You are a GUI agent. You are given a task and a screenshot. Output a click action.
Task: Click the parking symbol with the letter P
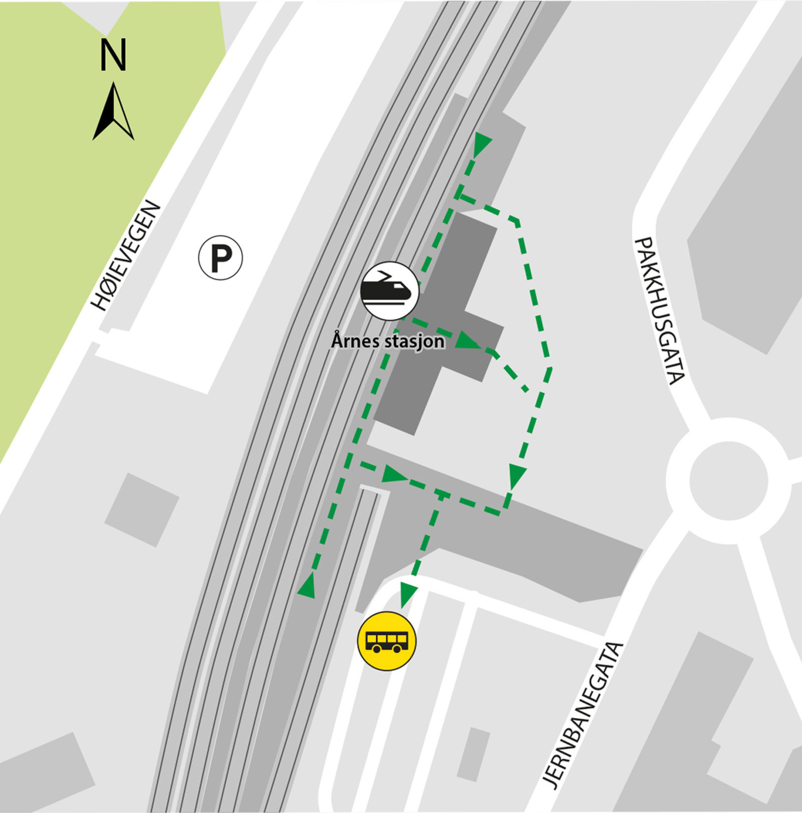pos(221,258)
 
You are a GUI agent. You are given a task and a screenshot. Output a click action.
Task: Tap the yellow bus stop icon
pos(386,641)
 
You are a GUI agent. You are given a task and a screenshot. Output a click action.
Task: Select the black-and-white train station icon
pos(389,291)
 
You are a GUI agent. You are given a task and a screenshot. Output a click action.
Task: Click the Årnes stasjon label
pos(387,341)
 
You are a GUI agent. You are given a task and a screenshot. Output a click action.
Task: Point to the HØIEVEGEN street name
pos(126,255)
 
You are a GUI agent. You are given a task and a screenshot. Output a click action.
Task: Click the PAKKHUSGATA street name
pos(659,311)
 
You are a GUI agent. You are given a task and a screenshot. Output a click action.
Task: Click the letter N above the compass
pos(113,55)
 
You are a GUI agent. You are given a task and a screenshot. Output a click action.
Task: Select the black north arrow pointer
pos(114,113)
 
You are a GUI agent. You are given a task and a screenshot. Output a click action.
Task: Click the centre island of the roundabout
pos(728,480)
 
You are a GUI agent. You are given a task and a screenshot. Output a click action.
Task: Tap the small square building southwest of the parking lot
pos(142,509)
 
